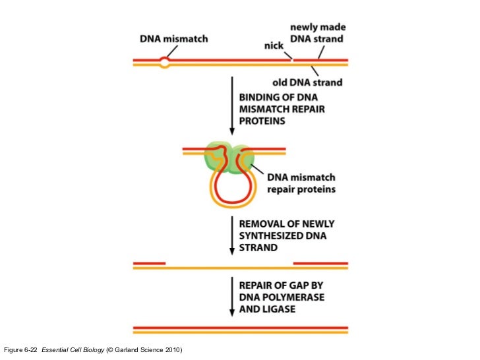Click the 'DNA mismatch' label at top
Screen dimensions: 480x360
(x=174, y=39)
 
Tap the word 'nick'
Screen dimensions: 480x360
(x=274, y=45)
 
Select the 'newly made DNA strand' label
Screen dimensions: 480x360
(x=318, y=33)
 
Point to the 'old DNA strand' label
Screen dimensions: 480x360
(x=307, y=82)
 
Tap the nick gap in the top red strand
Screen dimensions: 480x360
(x=292, y=60)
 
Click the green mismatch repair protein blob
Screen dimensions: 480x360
(x=229, y=157)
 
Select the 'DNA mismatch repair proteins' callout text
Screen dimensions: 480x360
(x=301, y=183)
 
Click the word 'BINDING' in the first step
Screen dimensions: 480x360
(x=256, y=98)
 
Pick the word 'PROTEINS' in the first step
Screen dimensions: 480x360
(x=262, y=121)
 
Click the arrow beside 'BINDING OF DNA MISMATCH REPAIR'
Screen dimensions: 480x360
(x=232, y=105)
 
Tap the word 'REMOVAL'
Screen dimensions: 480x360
(x=259, y=224)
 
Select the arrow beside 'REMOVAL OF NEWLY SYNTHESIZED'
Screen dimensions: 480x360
(x=232, y=235)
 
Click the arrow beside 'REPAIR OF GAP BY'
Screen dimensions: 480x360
(x=232, y=297)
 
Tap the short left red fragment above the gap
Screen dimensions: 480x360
(x=150, y=263)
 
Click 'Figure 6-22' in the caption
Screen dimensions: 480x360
(x=20, y=350)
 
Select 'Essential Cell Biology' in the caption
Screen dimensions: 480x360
(x=73, y=350)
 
